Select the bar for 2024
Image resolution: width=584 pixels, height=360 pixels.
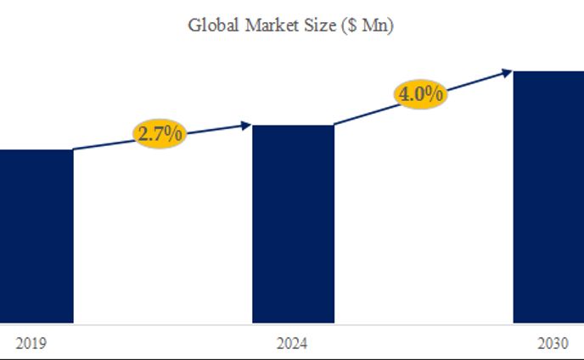[x=293, y=224]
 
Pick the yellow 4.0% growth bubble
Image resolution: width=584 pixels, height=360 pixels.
[x=420, y=93]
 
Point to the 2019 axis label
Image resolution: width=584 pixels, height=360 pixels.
[x=31, y=344]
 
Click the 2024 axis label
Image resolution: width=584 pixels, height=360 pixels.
[x=292, y=344]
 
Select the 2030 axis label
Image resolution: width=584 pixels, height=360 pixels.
[x=553, y=344]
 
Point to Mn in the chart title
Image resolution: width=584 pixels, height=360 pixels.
[x=374, y=25]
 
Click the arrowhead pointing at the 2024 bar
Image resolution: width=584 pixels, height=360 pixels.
[x=247, y=125]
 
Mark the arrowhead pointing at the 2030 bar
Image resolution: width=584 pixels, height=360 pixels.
[x=508, y=71]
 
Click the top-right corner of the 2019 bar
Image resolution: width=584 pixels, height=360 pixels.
[x=72, y=151]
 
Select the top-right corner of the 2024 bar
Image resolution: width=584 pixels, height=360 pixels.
[x=334, y=126]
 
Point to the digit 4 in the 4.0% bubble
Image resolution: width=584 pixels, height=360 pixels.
[x=405, y=93]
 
